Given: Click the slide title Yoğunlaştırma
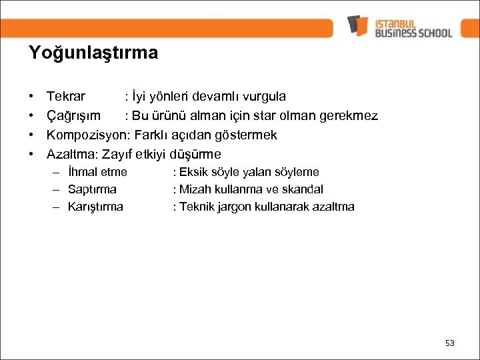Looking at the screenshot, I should click(93, 53).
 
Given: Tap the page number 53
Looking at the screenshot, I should click(449, 343).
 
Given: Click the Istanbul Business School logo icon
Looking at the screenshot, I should click(358, 26).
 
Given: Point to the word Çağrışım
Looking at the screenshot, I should click(73, 116).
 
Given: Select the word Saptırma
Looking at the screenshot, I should click(92, 189).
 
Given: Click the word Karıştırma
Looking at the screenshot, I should click(95, 207).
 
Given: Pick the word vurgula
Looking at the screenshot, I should click(263, 97).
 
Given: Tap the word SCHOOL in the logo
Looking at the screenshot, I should click(431, 33).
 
